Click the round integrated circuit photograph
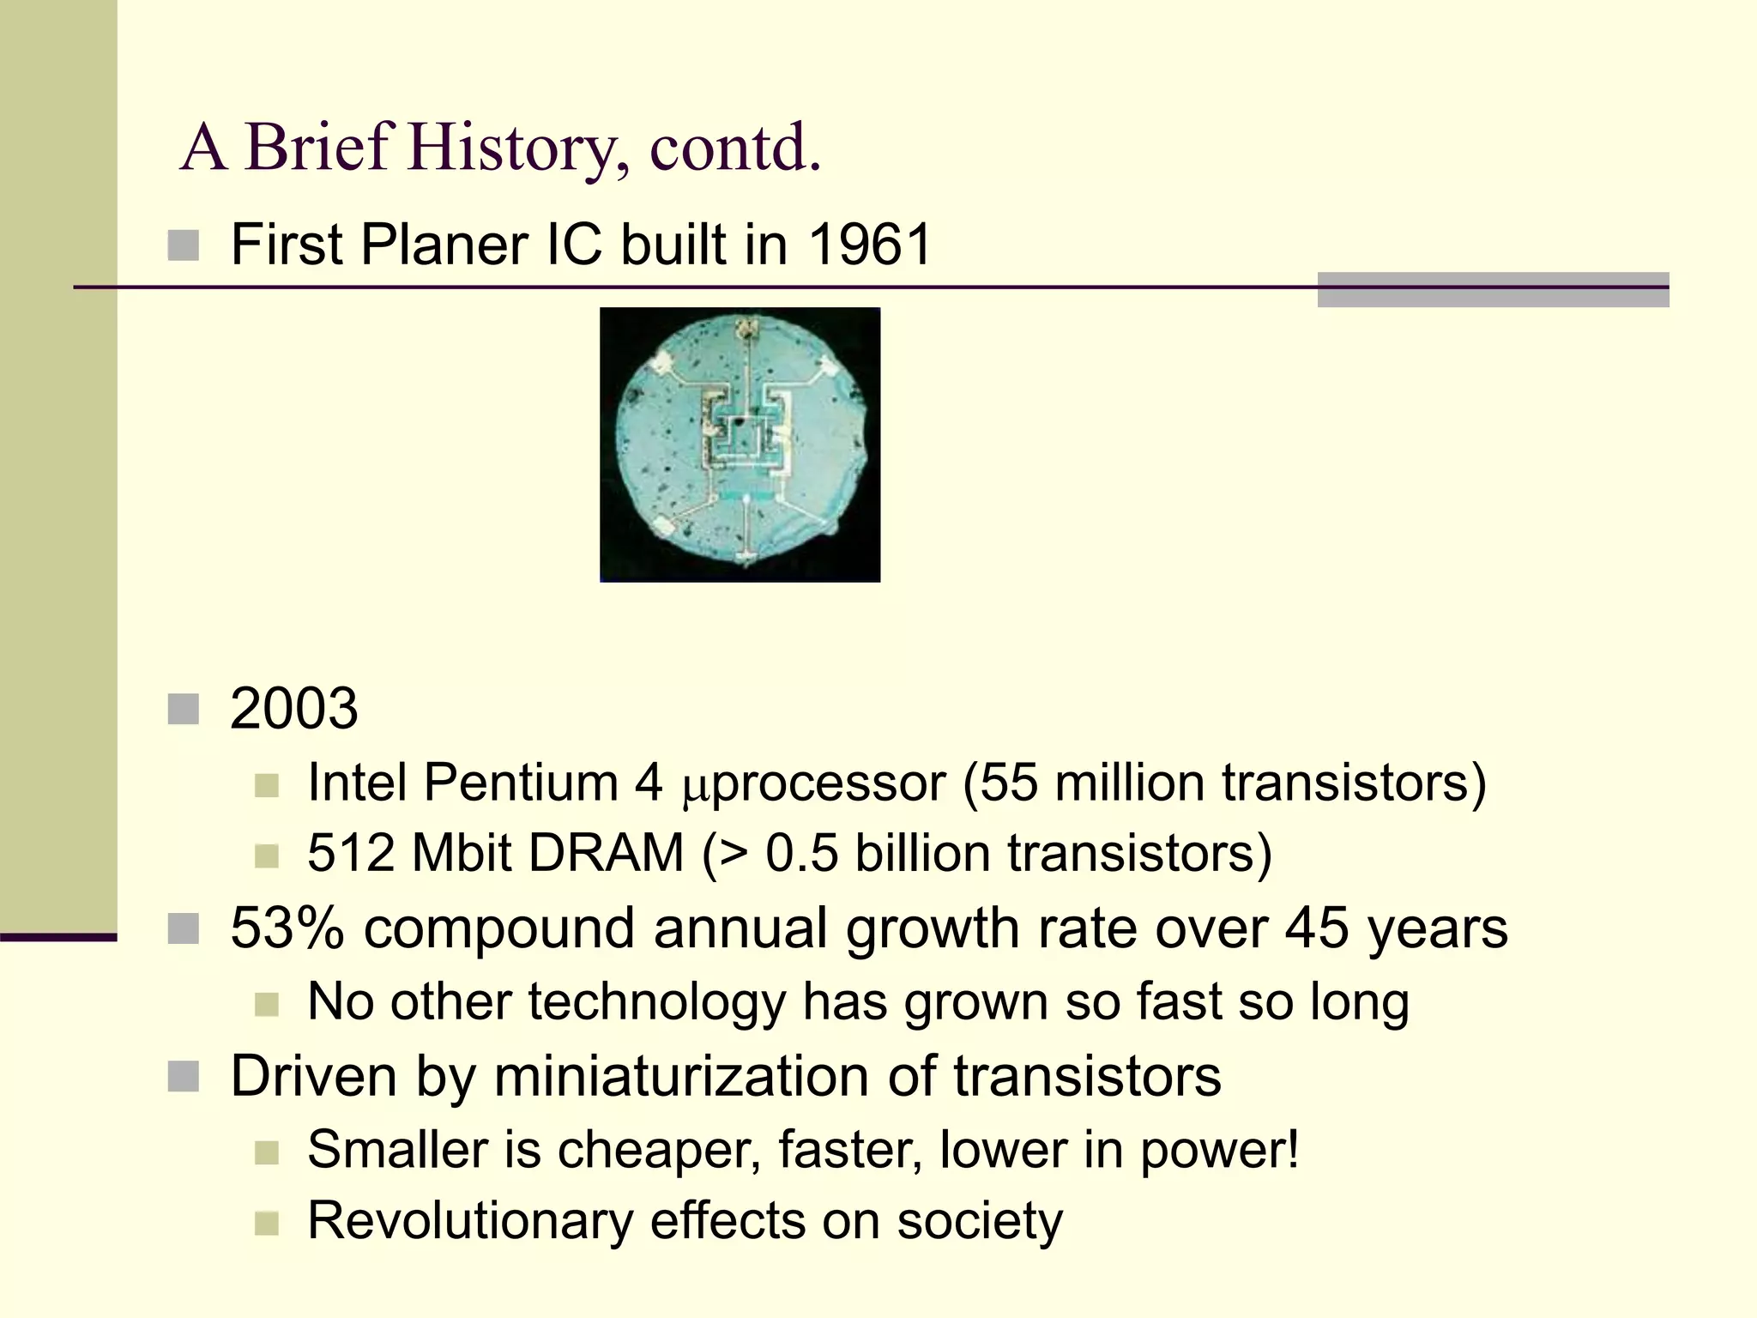740,444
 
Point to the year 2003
293,709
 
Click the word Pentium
521,783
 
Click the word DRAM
605,853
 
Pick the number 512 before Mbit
351,853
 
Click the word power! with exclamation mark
1219,1150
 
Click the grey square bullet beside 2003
184,710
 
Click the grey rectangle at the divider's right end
1493,290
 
